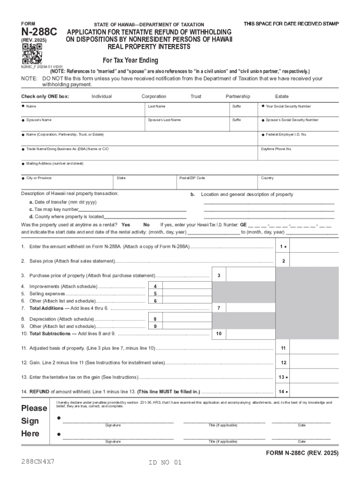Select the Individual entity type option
click(101, 96)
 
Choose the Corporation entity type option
click(154, 96)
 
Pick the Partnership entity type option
click(238, 96)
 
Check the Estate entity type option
click(281, 96)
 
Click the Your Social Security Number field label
click(288, 107)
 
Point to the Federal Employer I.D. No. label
click(286, 135)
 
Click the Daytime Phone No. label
click(276, 149)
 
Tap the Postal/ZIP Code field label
click(192, 178)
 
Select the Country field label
click(267, 178)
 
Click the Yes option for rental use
click(126, 225)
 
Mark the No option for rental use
click(146, 225)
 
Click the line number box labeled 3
click(219, 276)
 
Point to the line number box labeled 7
click(219, 308)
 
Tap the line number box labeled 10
click(219, 334)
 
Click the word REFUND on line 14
click(39, 392)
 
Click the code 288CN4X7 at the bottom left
click(38, 461)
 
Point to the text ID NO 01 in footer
click(165, 463)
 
